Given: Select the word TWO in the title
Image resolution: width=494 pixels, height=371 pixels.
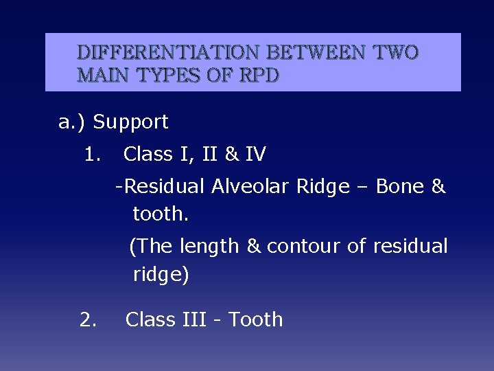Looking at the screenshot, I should (395, 53).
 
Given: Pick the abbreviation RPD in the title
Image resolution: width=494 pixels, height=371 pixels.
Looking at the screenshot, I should (259, 75).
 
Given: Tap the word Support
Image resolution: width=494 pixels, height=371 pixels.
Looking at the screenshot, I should (130, 122).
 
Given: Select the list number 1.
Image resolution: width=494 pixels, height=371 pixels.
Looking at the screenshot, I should (92, 155).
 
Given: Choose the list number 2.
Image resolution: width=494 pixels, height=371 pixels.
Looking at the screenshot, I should (89, 319).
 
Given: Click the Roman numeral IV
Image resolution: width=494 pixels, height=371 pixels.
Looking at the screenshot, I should (255, 155).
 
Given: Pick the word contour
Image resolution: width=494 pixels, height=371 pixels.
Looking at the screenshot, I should (304, 246).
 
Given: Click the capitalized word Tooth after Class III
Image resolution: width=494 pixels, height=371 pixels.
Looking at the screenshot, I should (255, 319).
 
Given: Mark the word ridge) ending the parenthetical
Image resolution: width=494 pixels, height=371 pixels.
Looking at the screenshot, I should (161, 275).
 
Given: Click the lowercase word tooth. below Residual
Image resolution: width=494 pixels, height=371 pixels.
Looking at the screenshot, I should (161, 214).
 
